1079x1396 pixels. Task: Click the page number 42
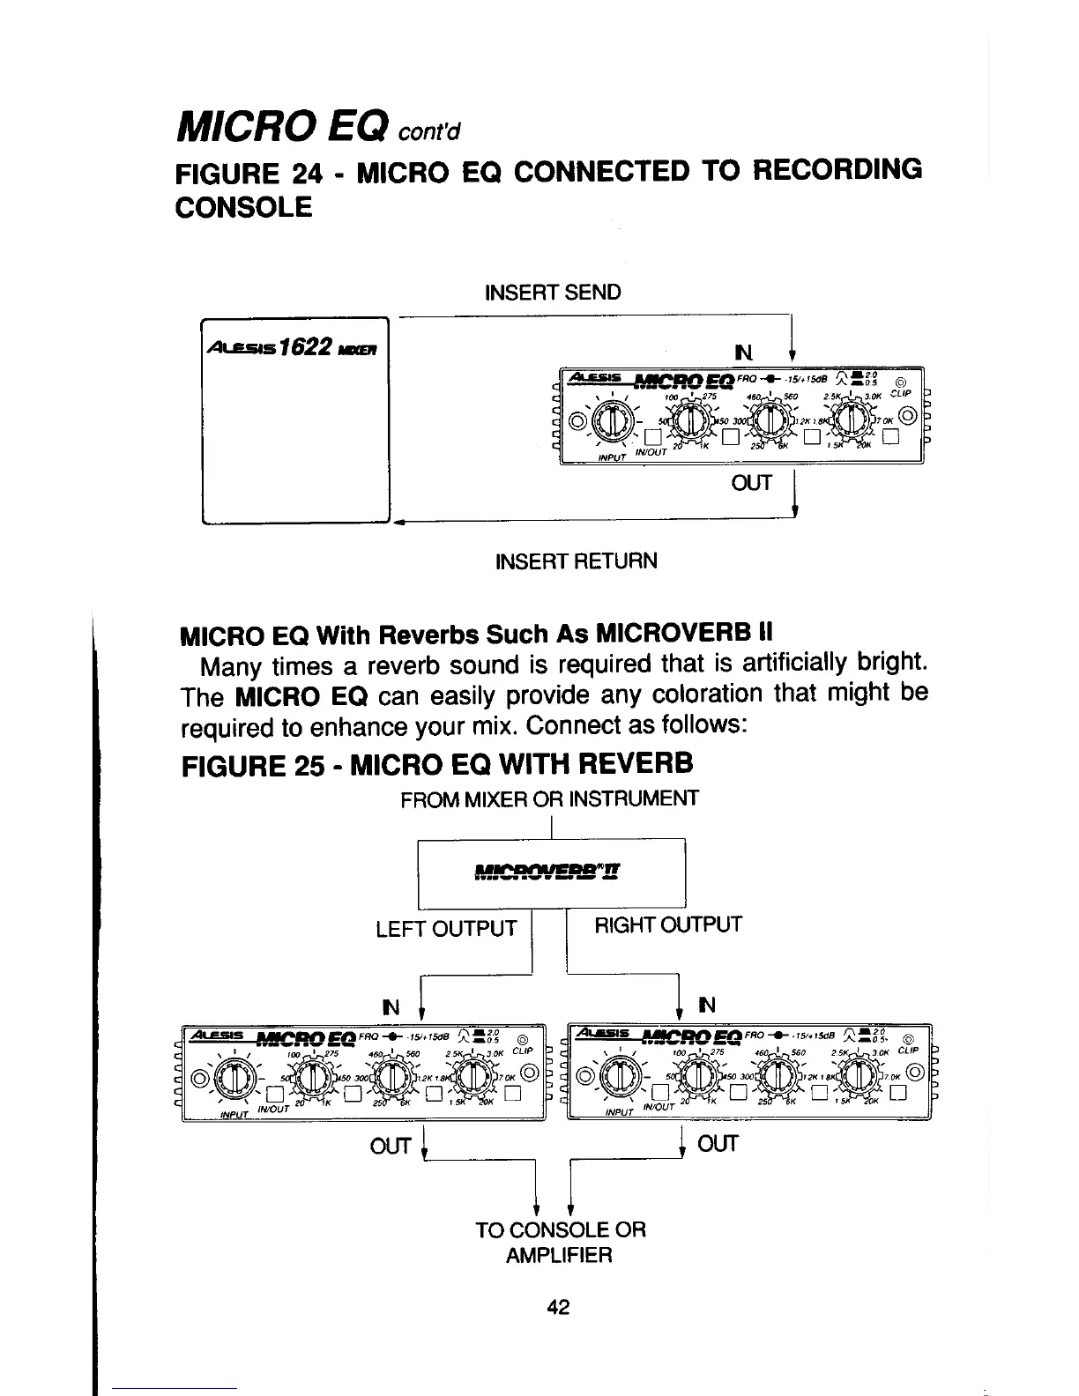point(558,1306)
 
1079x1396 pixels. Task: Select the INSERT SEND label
point(553,293)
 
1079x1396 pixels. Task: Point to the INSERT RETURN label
point(577,561)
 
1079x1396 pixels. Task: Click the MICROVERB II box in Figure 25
point(551,873)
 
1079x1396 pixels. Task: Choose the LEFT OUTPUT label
point(446,929)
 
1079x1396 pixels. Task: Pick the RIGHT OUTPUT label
point(668,925)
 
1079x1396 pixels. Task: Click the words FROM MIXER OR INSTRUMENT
point(550,799)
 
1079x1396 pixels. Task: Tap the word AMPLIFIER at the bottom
point(559,1255)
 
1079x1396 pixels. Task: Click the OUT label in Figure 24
point(752,483)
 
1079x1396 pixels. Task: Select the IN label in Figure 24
point(743,353)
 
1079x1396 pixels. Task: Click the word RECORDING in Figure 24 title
point(828,168)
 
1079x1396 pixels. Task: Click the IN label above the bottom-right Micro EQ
point(707,1006)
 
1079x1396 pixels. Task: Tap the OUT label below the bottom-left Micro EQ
point(391,1146)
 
